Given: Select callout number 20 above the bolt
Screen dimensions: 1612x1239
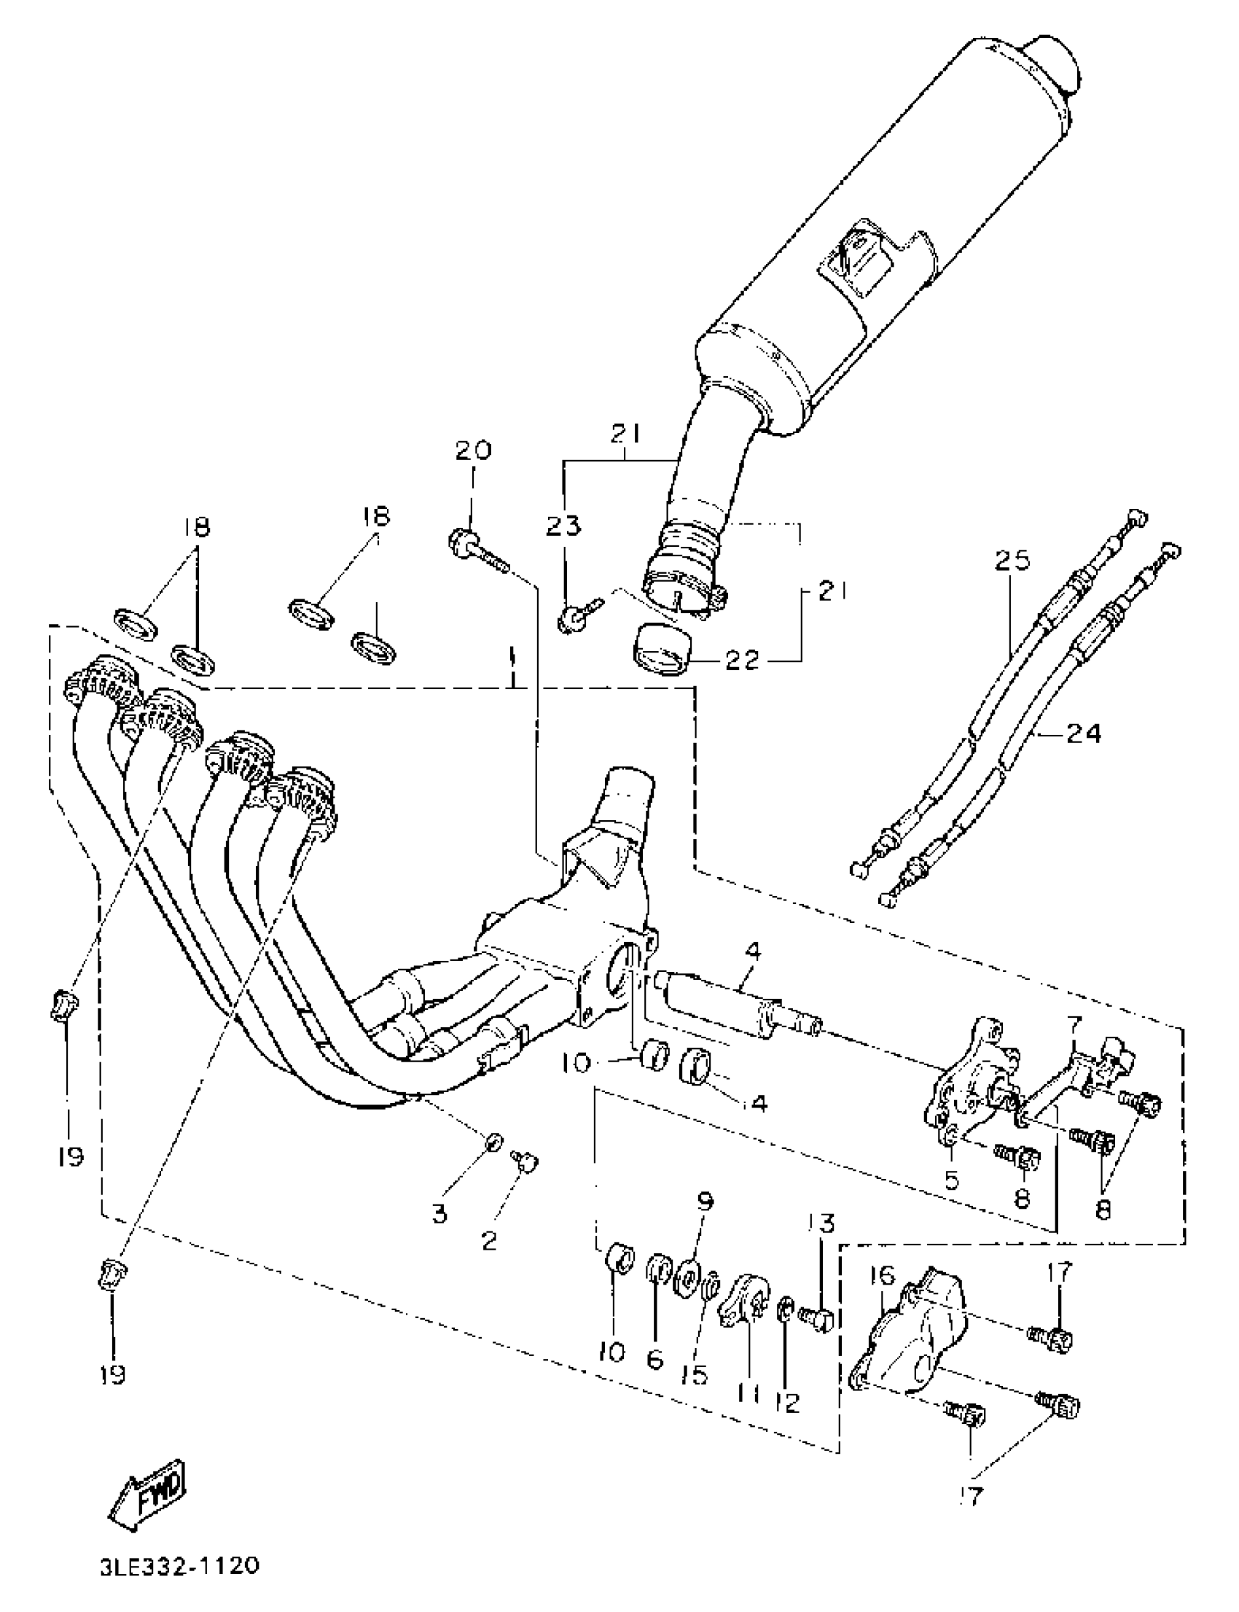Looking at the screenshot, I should coord(472,450).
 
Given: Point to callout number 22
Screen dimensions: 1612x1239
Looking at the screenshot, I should coord(742,661).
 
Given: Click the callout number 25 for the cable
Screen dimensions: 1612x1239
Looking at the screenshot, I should coord(1011,561).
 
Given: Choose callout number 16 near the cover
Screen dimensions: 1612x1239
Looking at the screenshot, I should coord(881,1276).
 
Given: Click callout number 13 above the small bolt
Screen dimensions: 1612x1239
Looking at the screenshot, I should coord(824,1224).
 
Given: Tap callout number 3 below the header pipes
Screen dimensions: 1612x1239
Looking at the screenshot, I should coord(439,1214).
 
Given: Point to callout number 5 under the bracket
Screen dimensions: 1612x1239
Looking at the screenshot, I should coord(951,1180).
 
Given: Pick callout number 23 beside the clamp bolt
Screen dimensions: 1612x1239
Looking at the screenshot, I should coord(563,526).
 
